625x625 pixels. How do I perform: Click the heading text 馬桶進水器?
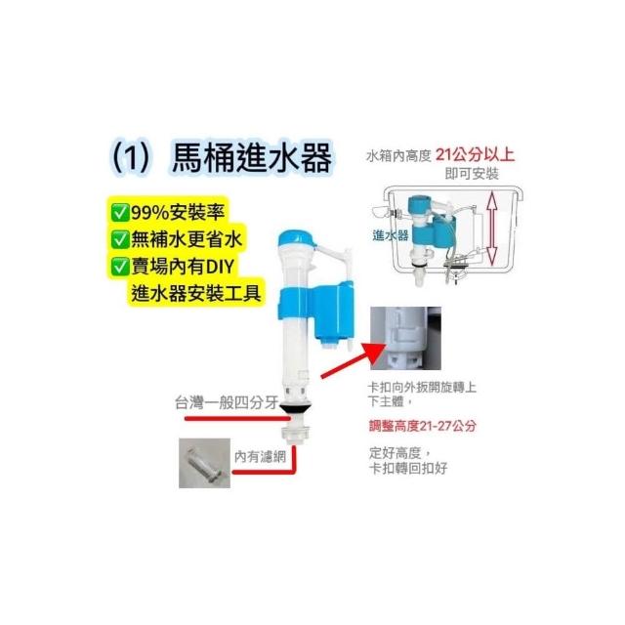tap(252, 157)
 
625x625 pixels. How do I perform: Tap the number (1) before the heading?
tap(131, 158)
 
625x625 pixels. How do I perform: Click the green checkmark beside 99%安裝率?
tap(120, 213)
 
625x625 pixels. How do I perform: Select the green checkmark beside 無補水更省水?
tap(120, 239)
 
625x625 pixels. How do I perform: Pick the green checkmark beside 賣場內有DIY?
tap(120, 267)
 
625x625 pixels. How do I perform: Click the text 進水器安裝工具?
tap(196, 293)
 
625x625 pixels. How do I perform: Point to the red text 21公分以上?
tap(476, 154)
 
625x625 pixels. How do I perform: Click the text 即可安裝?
tap(472, 174)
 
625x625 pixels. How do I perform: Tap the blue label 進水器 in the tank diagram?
tap(391, 235)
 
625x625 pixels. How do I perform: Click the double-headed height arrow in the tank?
tap(492, 228)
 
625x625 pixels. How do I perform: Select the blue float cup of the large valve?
tap(333, 311)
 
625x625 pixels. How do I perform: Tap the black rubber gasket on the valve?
tap(296, 408)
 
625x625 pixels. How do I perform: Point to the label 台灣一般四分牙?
tap(227, 402)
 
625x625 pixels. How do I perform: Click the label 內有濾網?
tap(260, 456)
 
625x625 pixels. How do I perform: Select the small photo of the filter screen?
tap(204, 463)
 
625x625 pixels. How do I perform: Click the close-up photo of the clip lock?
tap(406, 338)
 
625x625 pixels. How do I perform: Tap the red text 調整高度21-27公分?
tap(423, 426)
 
